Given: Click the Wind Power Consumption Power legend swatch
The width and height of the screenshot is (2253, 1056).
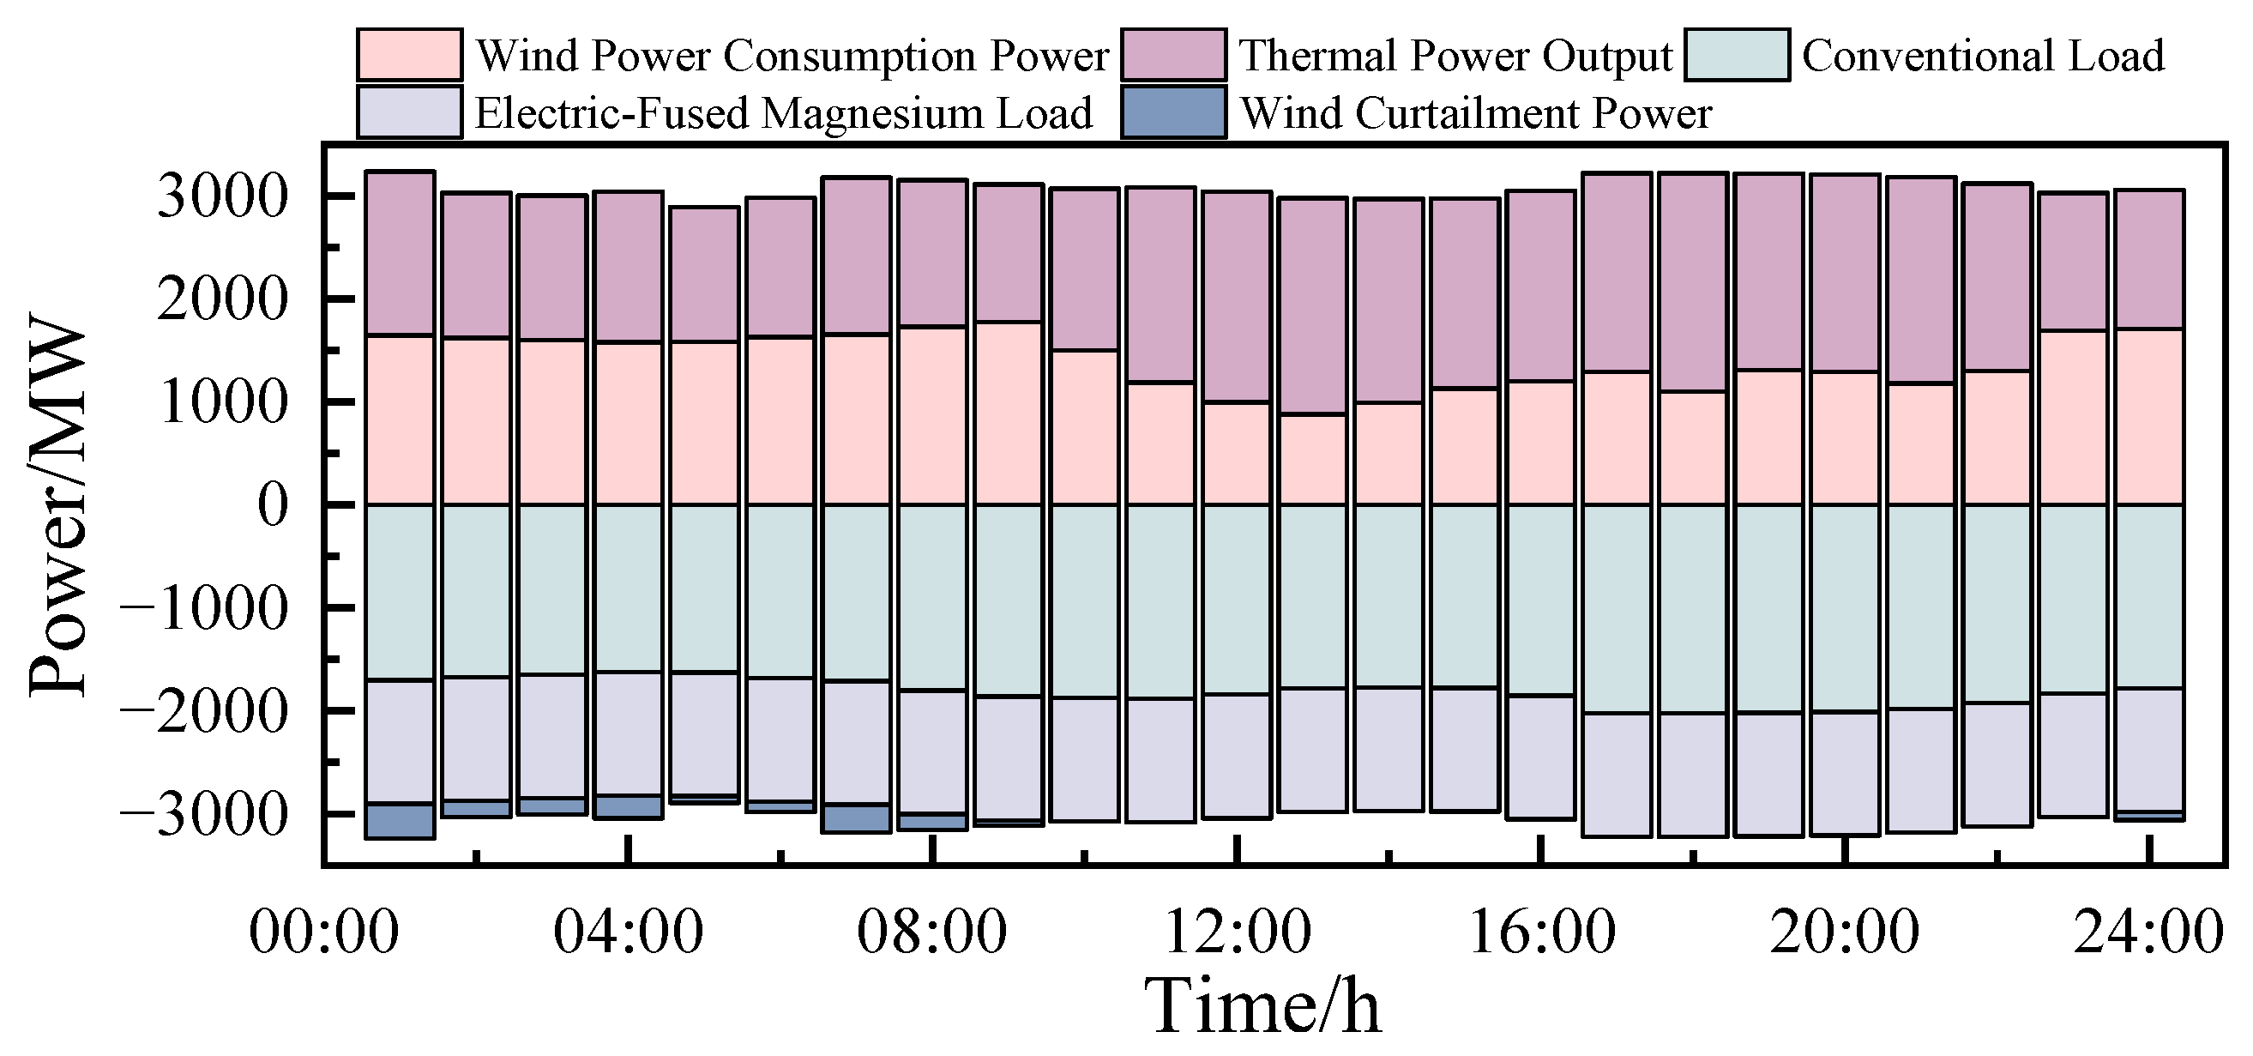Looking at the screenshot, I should pyautogui.click(x=409, y=55).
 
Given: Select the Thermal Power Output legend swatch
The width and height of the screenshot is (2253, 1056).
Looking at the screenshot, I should pyautogui.click(x=1174, y=55).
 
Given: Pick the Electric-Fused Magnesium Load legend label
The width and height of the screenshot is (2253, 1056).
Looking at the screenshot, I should pyautogui.click(x=784, y=114).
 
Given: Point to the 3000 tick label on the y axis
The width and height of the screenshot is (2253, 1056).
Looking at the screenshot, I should pyautogui.click(x=222, y=197).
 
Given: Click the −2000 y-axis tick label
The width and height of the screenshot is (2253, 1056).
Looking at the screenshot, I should pyautogui.click(x=203, y=711).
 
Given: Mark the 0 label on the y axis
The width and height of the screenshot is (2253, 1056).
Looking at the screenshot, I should pyautogui.click(x=273, y=505).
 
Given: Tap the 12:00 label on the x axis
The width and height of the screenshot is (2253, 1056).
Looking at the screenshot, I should pyautogui.click(x=1237, y=932).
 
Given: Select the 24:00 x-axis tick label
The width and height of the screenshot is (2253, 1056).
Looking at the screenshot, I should pyautogui.click(x=2148, y=932).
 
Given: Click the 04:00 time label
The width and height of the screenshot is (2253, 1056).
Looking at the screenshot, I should pyautogui.click(x=628, y=932).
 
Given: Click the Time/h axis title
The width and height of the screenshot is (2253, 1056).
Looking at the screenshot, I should pyautogui.click(x=1263, y=1007).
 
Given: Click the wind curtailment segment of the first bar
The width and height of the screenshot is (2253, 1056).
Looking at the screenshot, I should pyautogui.click(x=400, y=821).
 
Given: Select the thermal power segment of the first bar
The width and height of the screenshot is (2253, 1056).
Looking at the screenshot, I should pyautogui.click(x=400, y=253).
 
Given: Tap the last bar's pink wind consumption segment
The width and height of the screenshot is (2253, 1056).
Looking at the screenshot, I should pyautogui.click(x=2149, y=416).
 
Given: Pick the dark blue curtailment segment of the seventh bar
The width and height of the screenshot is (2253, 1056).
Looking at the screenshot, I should pyautogui.click(x=856, y=818).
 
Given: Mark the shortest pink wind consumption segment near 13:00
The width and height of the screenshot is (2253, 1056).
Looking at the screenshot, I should pyautogui.click(x=1312, y=459).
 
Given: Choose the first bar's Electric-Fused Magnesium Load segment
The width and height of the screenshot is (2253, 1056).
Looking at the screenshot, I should pyautogui.click(x=400, y=742).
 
